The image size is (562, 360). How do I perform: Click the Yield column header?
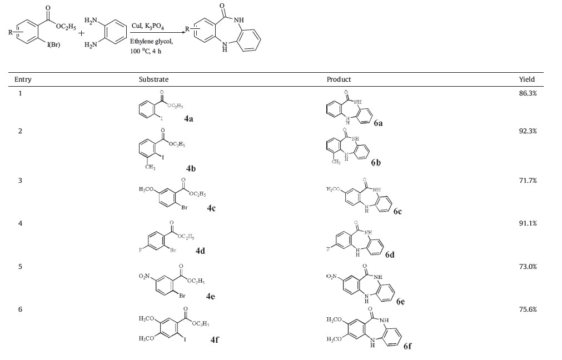[x=526, y=79]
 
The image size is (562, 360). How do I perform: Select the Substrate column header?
[x=153, y=79]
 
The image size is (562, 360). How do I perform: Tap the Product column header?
[x=339, y=79]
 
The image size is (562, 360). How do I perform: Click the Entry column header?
[x=23, y=79]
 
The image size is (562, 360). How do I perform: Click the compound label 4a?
[x=189, y=118]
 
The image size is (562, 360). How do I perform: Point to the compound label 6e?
[x=401, y=302]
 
